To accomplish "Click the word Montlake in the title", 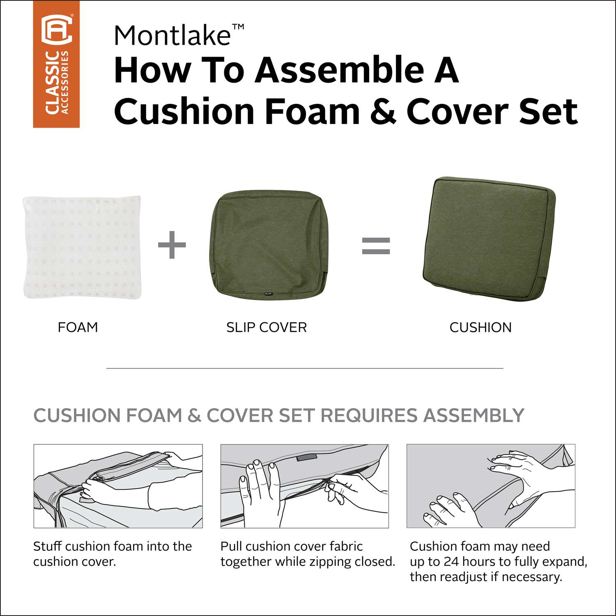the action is tap(172, 35).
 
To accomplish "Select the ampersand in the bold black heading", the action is tap(383, 111).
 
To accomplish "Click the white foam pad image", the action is tap(83, 247).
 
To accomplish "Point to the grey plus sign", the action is tap(172, 245).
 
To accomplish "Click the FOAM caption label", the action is tap(78, 327).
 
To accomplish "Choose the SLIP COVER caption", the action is tap(267, 327).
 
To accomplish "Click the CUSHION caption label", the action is tap(480, 327).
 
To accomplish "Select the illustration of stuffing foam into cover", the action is tap(118, 486).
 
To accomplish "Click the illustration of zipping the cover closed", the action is tap(305, 486).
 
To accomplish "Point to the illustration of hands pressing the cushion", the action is tap(491, 486).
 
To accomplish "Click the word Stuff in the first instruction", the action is tap(48, 546).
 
